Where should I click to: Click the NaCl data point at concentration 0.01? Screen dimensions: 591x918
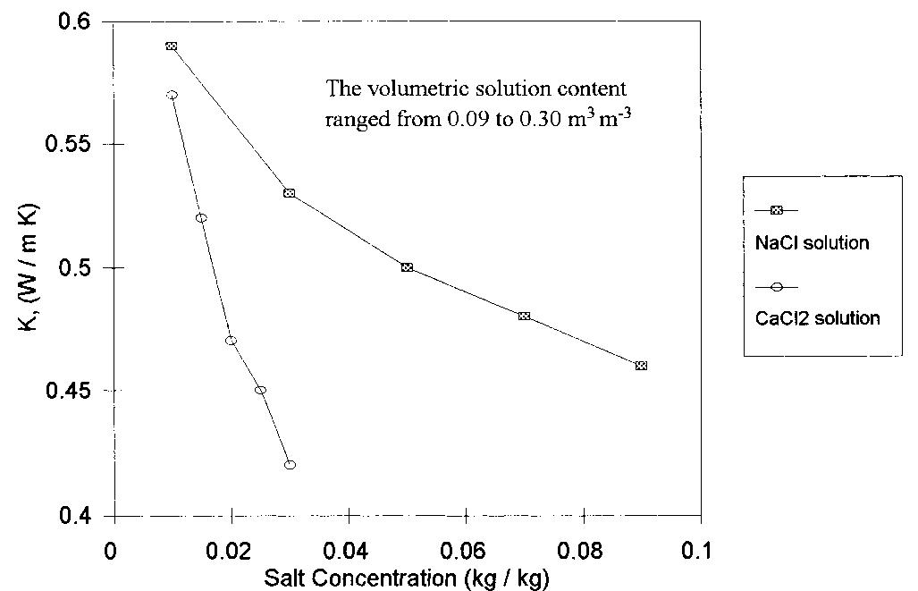click(x=172, y=46)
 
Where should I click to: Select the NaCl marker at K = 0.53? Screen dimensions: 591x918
click(x=289, y=193)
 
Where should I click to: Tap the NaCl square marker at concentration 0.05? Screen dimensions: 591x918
click(x=407, y=267)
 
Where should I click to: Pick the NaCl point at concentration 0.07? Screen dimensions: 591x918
click(x=524, y=316)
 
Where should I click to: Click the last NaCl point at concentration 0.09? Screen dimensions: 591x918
click(x=641, y=366)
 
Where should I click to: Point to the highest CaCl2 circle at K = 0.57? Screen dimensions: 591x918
click(x=172, y=95)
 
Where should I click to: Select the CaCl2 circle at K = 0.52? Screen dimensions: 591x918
click(x=201, y=218)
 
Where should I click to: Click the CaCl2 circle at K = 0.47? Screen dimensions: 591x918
click(x=231, y=341)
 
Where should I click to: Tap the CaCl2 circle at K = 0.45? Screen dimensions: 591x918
click(x=260, y=390)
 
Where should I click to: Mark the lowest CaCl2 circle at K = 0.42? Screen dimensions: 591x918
click(x=290, y=465)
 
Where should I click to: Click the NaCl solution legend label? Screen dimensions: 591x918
click(x=812, y=243)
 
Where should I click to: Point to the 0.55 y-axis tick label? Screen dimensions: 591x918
click(x=76, y=145)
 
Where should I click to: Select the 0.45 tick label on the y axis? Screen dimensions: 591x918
click(x=76, y=391)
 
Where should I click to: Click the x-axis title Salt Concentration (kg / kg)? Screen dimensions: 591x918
click(x=407, y=578)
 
